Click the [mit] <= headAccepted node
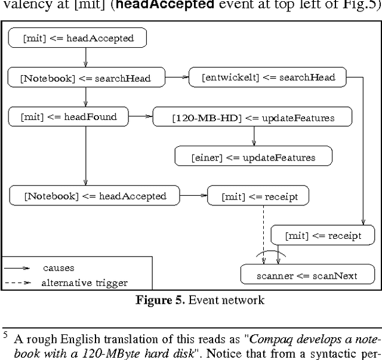pos(77,38)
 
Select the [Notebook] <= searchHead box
pos(85,78)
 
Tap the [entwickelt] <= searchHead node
pos(267,77)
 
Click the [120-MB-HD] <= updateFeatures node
pos(252,118)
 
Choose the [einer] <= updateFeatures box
pos(253,157)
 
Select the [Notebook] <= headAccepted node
pos(94,196)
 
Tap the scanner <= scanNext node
pos(307,275)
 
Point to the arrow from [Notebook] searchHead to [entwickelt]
pos(176,77)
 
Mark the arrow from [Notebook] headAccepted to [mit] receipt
pos(193,195)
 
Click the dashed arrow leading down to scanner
pos(264,233)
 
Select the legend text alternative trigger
pos(84,282)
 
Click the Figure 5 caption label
pos(159,300)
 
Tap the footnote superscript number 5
pos(5,335)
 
